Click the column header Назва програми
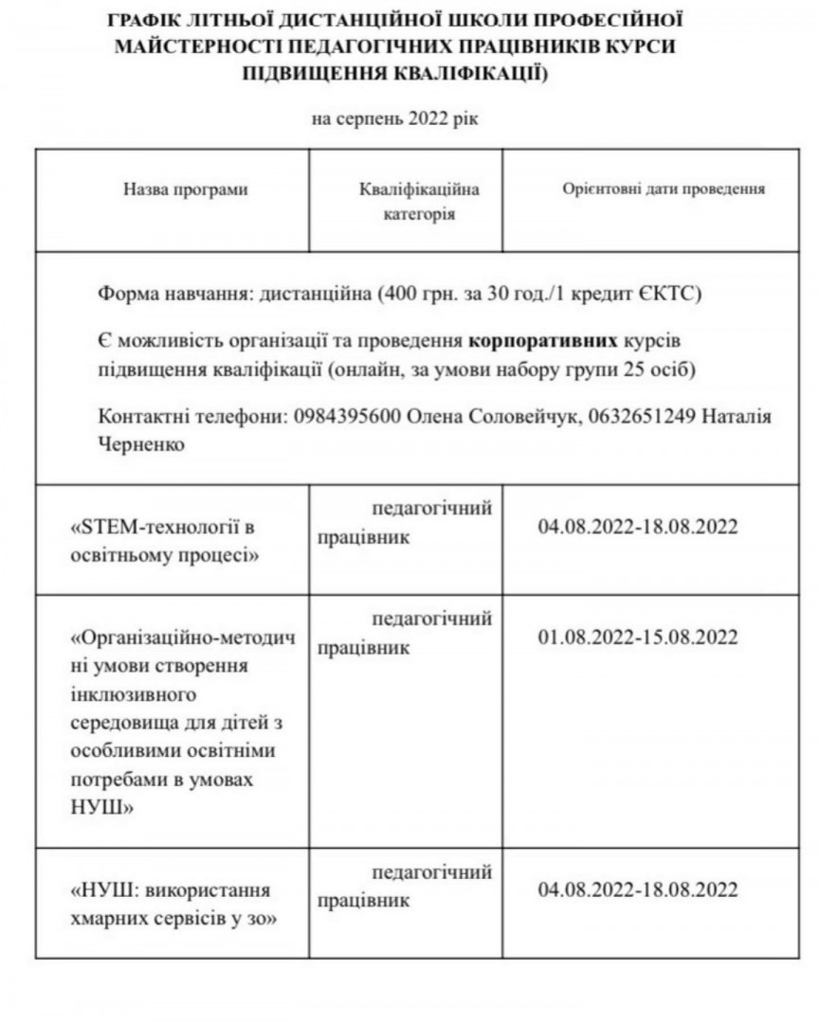tap(186, 189)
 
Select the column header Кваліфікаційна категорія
tap(419, 202)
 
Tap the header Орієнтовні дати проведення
tap(664, 188)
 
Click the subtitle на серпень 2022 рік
tap(402, 118)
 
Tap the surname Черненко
tap(141, 442)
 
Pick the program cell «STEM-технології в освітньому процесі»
tap(166, 540)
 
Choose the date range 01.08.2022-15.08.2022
tap(637, 637)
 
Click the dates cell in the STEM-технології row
tap(637, 527)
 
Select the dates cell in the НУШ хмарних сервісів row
tap(637, 889)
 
